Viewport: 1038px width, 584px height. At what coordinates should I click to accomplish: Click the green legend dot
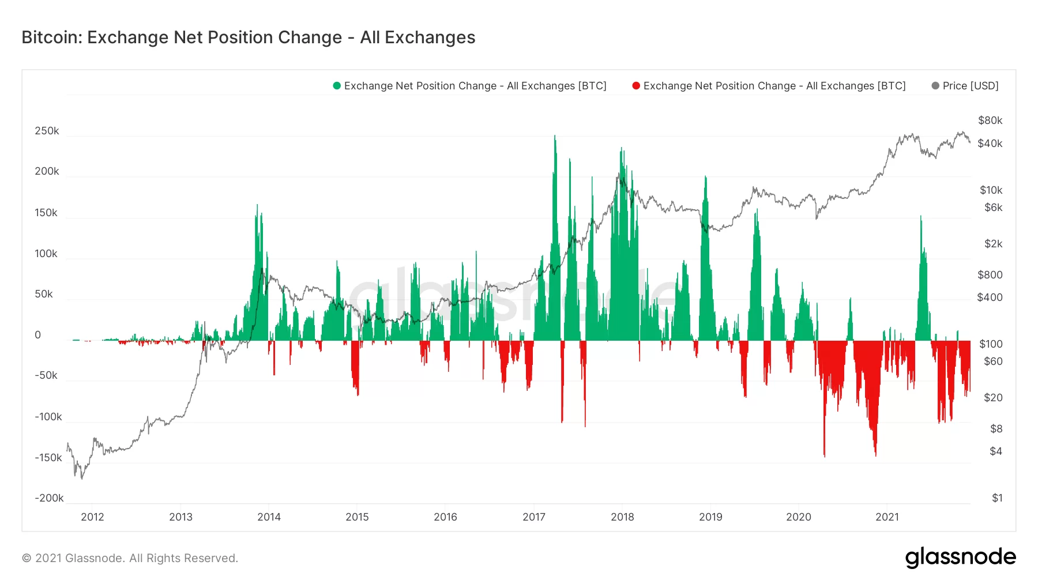point(337,86)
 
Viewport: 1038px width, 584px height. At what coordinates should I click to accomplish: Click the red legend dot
point(636,86)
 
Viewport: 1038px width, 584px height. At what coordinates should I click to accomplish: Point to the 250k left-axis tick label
point(47,131)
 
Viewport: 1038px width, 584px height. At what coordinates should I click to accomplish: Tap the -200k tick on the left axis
point(49,498)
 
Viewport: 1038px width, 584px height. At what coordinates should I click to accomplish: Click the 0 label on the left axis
point(38,335)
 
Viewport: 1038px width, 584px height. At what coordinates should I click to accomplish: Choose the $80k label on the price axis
point(990,120)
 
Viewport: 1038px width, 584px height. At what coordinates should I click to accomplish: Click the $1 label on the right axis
point(997,498)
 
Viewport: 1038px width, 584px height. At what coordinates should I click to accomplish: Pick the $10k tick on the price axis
point(991,190)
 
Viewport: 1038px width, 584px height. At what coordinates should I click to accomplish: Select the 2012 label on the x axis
point(92,517)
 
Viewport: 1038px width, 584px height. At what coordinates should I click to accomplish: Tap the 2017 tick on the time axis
point(534,517)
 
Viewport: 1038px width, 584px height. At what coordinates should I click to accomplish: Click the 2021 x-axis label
point(887,517)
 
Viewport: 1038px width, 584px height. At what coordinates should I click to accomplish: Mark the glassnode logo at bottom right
point(960,557)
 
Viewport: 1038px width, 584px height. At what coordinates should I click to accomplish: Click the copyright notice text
point(130,558)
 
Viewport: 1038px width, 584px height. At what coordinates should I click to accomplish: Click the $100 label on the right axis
point(991,344)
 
